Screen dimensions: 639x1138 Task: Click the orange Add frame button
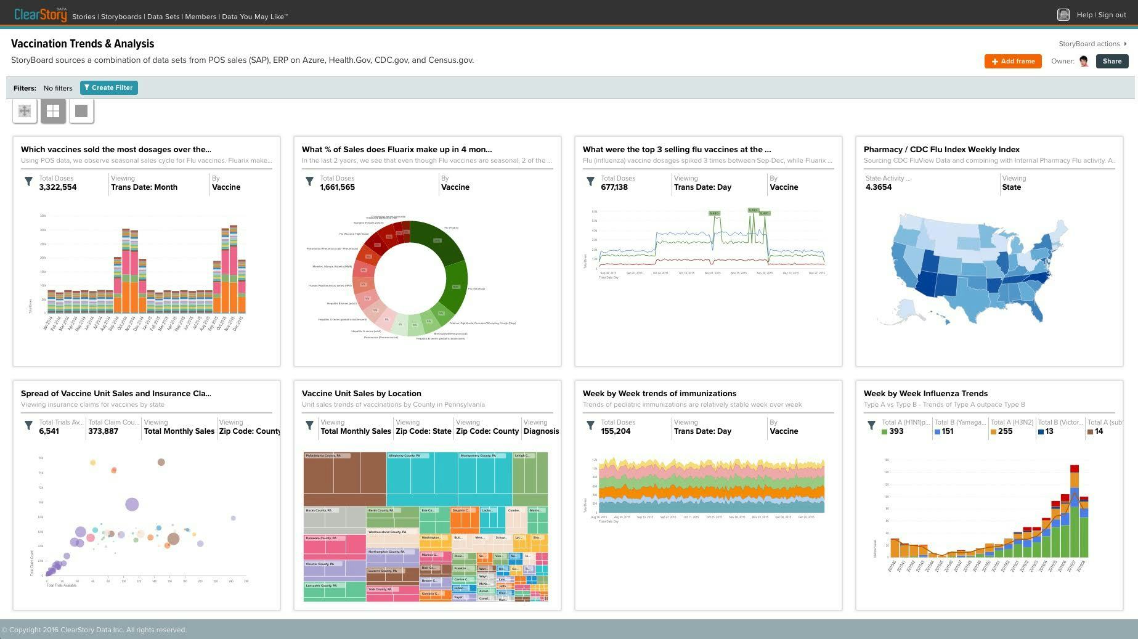[x=1013, y=61]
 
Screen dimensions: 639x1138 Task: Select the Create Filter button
[x=109, y=88]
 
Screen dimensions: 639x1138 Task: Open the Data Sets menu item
[x=163, y=17]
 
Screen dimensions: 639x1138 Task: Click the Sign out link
[x=1112, y=15]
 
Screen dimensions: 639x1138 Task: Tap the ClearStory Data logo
[x=40, y=15]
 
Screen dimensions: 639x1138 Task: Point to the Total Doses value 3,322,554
[x=58, y=187]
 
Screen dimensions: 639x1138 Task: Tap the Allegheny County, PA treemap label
[x=405, y=456]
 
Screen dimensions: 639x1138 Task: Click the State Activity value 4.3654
[x=879, y=187]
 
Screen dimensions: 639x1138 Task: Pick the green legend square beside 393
[x=885, y=431]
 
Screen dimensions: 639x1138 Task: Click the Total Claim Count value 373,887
[x=104, y=431]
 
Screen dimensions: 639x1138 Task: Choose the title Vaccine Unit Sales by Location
[x=362, y=393]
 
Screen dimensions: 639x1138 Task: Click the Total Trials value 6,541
[x=49, y=431]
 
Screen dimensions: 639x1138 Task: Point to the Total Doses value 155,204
[x=616, y=431]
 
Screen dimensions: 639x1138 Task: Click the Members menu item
[x=201, y=17]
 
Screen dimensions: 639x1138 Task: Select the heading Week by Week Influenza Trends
[x=925, y=393]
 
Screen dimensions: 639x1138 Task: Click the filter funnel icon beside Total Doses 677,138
[x=590, y=181]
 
